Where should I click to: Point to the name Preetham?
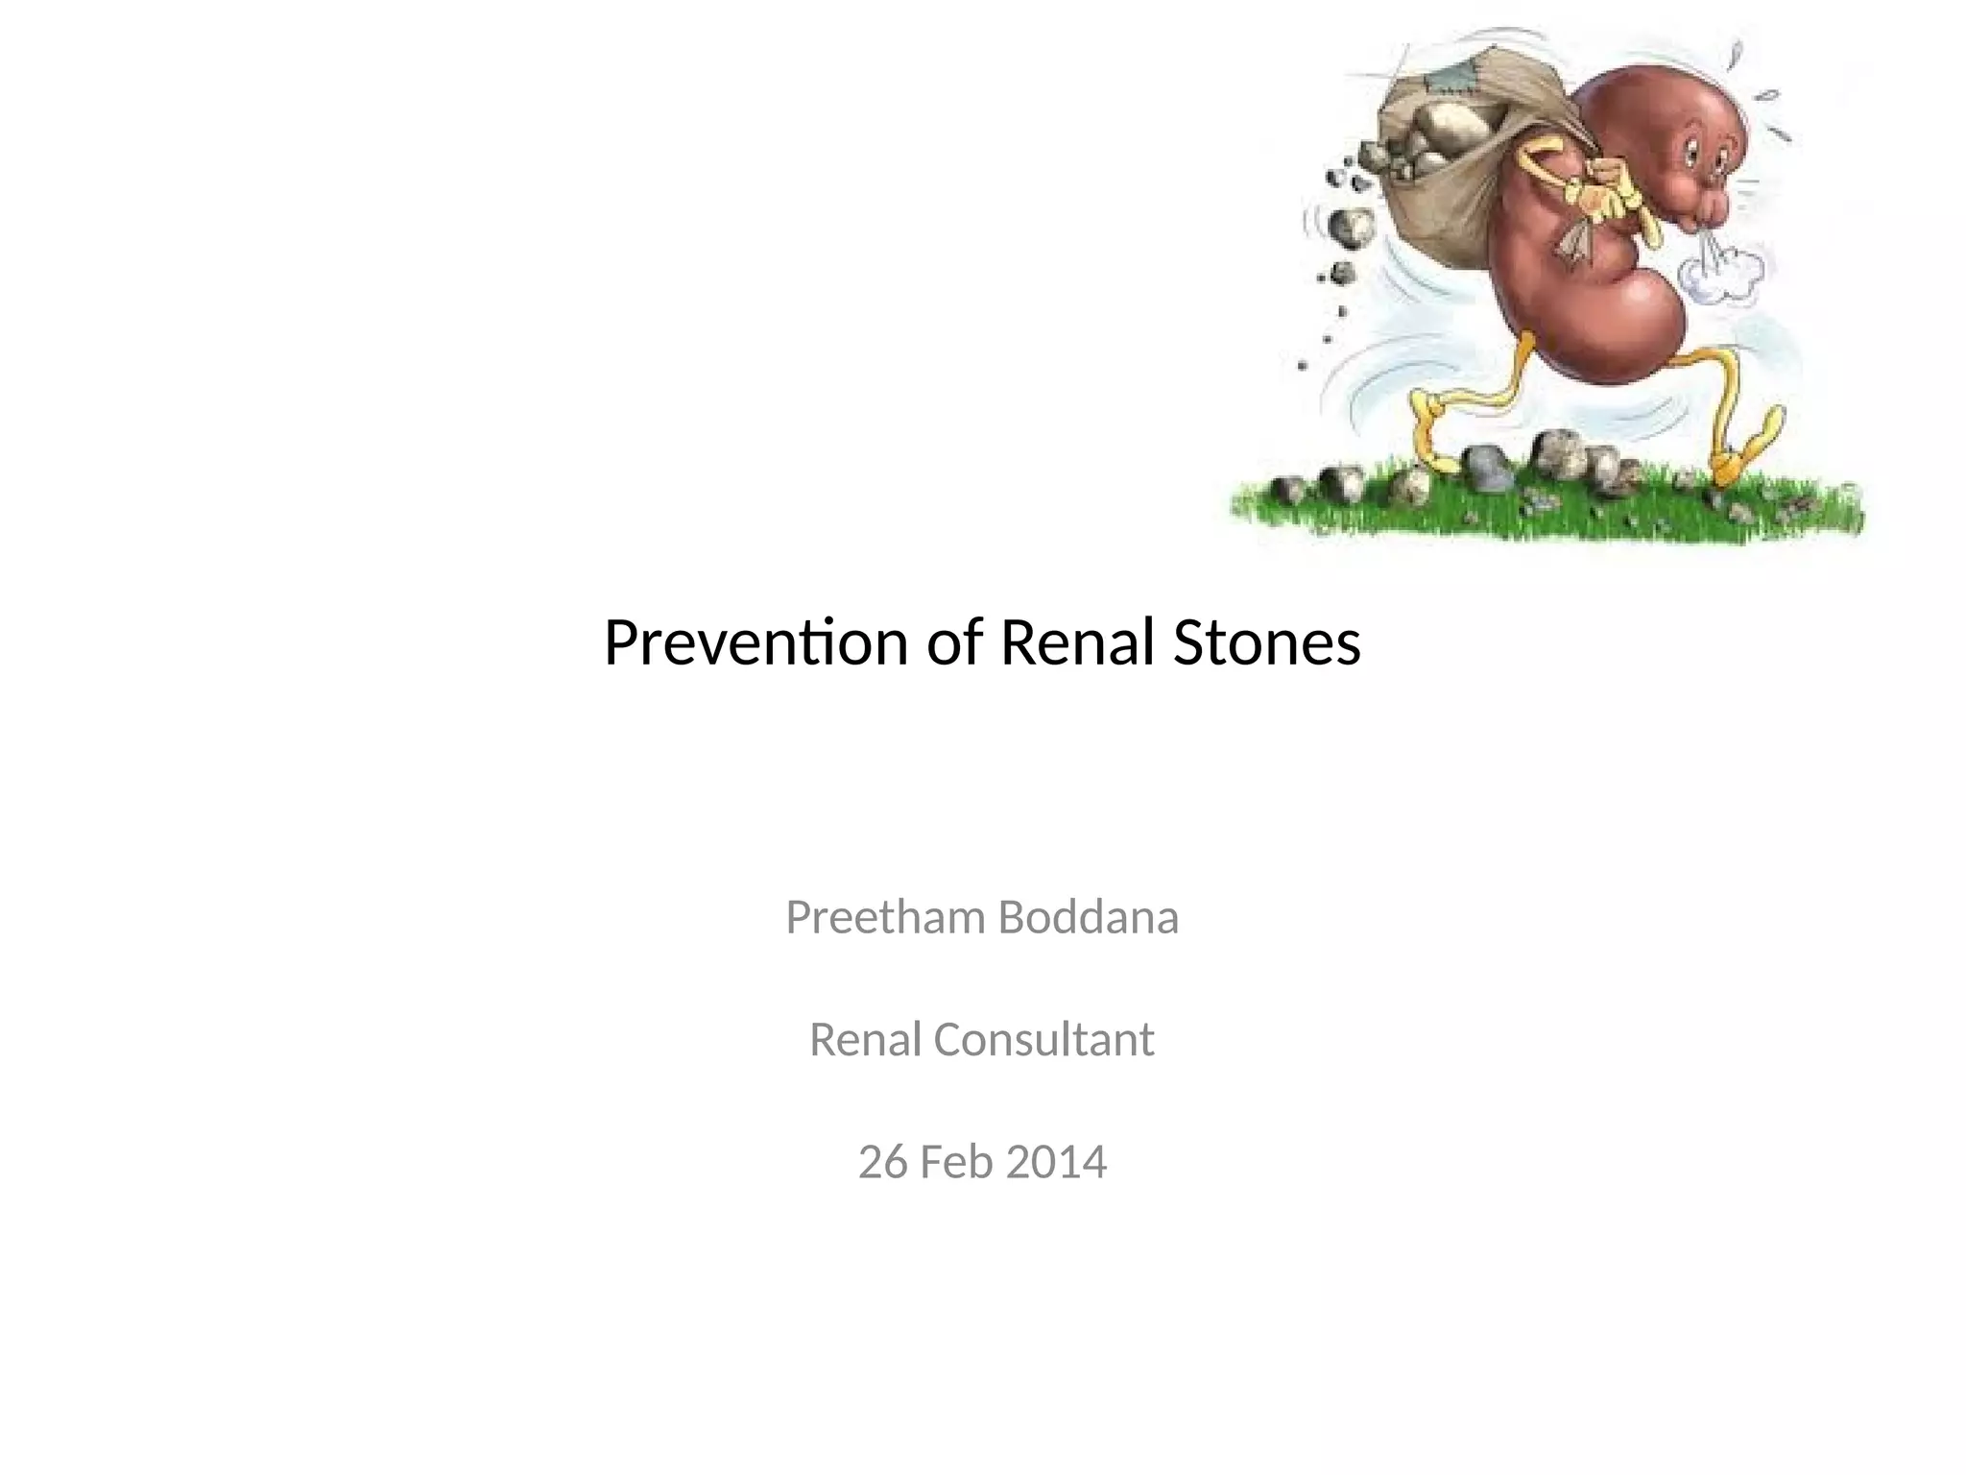tap(885, 917)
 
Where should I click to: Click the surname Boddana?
tap(1088, 917)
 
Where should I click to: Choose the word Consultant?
tap(1043, 1039)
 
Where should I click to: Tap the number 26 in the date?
tap(882, 1162)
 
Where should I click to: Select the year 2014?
tap(1057, 1162)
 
